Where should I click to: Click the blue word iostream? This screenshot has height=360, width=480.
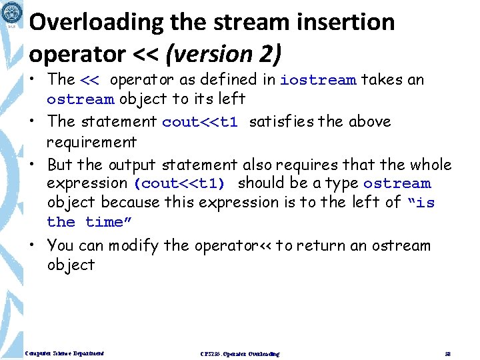tap(318, 81)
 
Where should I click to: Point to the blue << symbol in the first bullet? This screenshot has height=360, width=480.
tap(89, 81)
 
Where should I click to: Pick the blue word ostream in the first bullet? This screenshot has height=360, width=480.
tap(80, 100)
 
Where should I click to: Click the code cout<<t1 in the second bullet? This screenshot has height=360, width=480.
tap(200, 122)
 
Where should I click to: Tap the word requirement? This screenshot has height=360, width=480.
tap(91, 142)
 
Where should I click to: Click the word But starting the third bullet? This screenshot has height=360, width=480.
tap(60, 164)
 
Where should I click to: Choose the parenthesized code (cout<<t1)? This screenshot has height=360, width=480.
tap(179, 183)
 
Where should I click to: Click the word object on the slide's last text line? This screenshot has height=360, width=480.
tap(71, 265)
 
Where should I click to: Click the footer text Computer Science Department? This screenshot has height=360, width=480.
tap(63, 353)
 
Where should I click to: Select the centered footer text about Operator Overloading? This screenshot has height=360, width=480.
tap(240, 353)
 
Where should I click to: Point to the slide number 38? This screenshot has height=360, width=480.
tap(447, 353)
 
